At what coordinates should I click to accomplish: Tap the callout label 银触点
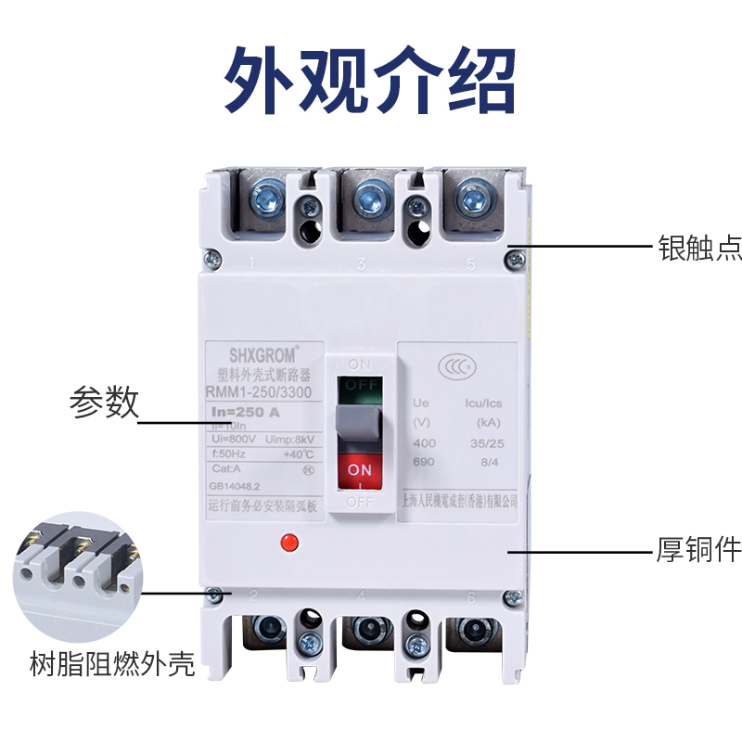pyautogui.click(x=699, y=248)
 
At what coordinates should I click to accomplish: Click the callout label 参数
pyautogui.click(x=104, y=403)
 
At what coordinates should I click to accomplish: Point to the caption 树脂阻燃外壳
pyautogui.click(x=99, y=665)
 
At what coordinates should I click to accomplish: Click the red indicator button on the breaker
pyautogui.click(x=288, y=540)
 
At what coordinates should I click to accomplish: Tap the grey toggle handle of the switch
pyautogui.click(x=360, y=424)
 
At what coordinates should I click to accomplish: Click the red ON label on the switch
pyautogui.click(x=360, y=471)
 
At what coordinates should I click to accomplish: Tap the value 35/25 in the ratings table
pyautogui.click(x=481, y=442)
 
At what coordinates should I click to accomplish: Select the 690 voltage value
pyautogui.click(x=424, y=461)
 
